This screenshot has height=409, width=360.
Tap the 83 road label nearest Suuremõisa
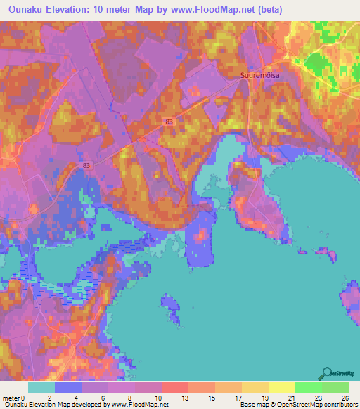coord(169,122)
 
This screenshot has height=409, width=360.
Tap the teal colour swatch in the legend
coord(41,387)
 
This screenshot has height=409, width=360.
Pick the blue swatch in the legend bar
coord(68,387)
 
